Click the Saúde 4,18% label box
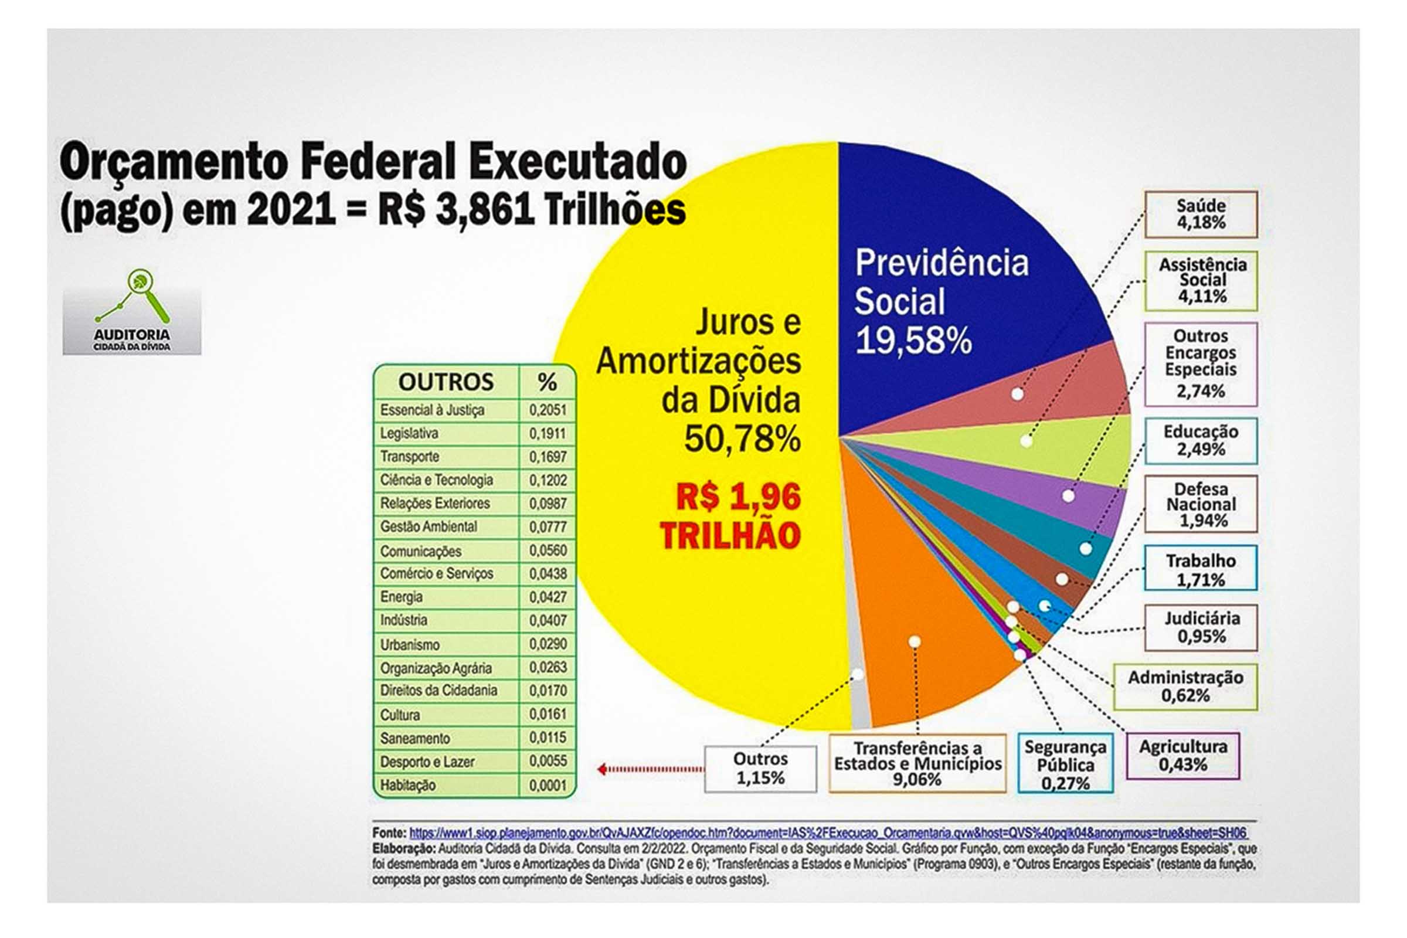[1201, 214]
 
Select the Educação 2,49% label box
[1201, 441]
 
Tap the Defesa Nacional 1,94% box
[1201, 504]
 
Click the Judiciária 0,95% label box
[1201, 627]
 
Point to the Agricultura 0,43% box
[1182, 756]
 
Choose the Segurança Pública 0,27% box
[1065, 764]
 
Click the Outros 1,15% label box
[760, 769]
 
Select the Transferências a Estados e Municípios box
[917, 764]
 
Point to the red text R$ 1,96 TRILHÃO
[731, 516]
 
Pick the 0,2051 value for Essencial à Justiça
[548, 410]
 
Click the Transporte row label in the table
[410, 457]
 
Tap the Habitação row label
[408, 786]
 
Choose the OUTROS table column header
[446, 382]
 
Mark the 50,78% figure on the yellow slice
[742, 439]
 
